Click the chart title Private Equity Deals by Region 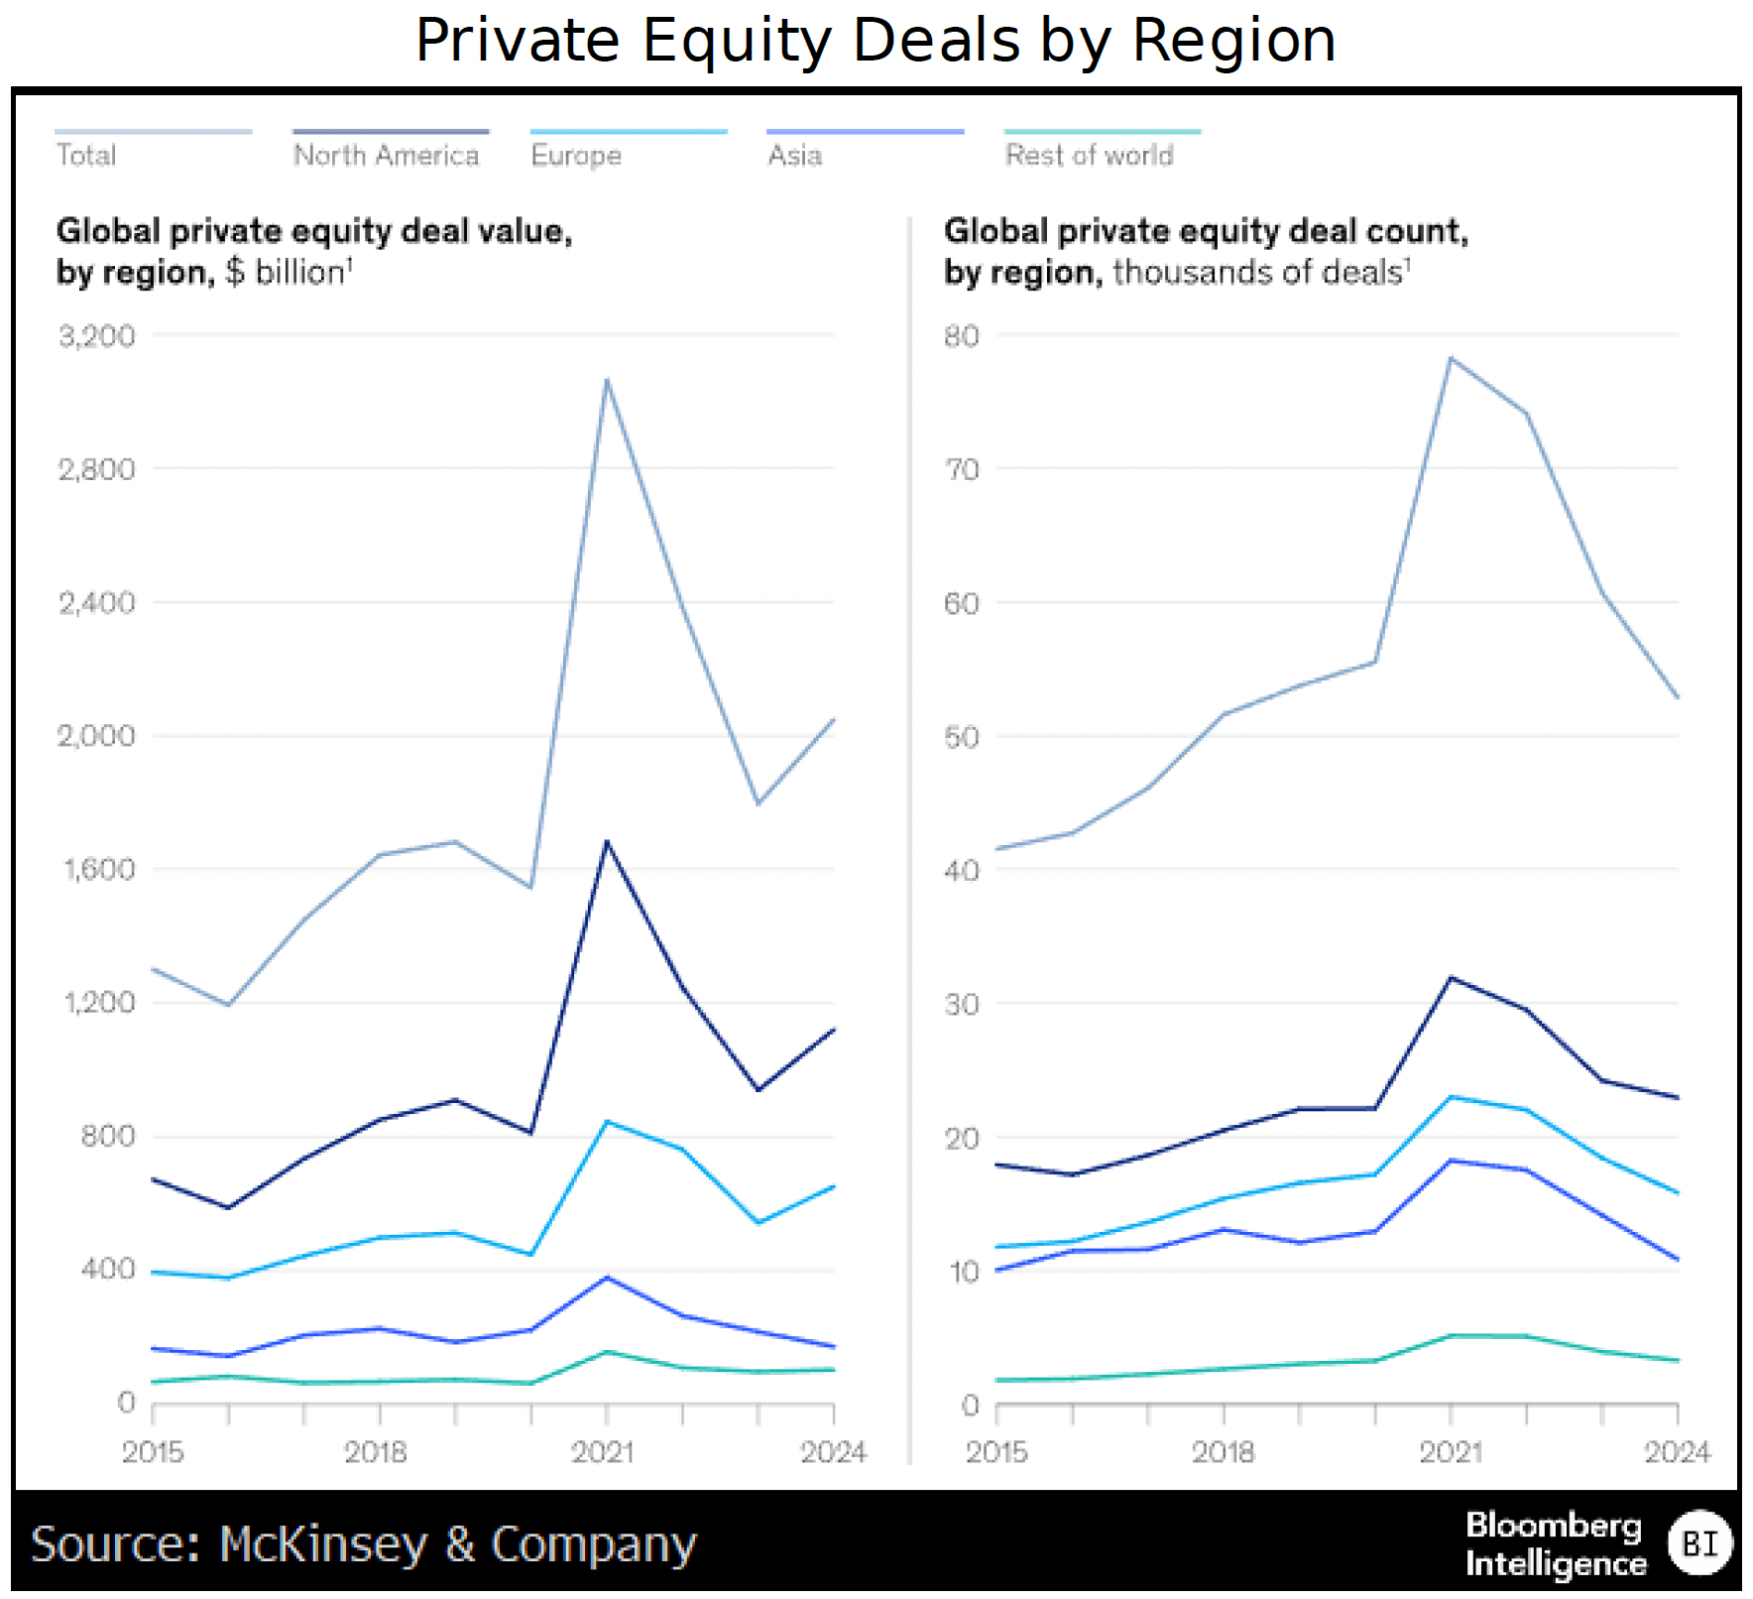click(x=876, y=41)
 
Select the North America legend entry click(x=386, y=155)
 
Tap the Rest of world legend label click(x=1089, y=155)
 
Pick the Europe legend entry click(x=576, y=155)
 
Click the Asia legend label click(x=794, y=155)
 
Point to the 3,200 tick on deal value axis click(x=97, y=336)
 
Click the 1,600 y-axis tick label click(x=99, y=869)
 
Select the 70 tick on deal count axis click(x=961, y=469)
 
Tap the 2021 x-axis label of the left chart click(x=603, y=1452)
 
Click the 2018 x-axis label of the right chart click(x=1223, y=1452)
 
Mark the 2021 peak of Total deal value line click(x=607, y=380)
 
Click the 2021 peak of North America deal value click(x=607, y=842)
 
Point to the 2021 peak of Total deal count click(x=1451, y=358)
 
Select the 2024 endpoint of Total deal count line click(x=1677, y=697)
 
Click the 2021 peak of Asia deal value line click(x=607, y=1278)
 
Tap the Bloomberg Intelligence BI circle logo click(x=1699, y=1543)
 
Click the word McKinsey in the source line click(x=323, y=1544)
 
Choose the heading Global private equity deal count click(x=1206, y=231)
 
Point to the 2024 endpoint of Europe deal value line click(x=833, y=1186)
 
